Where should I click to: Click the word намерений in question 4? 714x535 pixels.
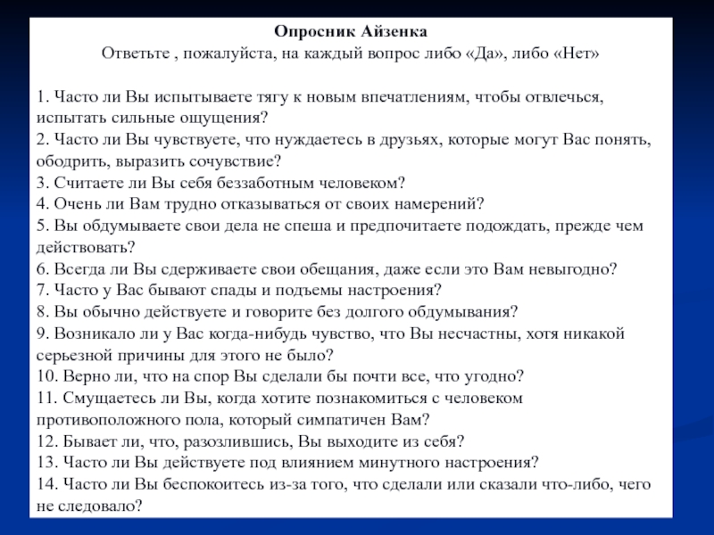pyautogui.click(x=445, y=203)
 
